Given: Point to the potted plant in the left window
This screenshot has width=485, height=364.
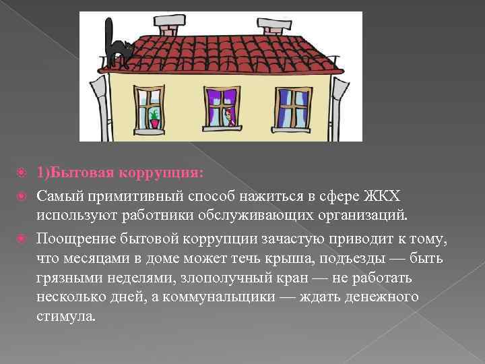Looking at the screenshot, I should (x=155, y=118).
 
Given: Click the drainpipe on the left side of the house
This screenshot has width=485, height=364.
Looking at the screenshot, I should (x=98, y=101).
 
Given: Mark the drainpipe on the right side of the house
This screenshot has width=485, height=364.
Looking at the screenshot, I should (x=339, y=101).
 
